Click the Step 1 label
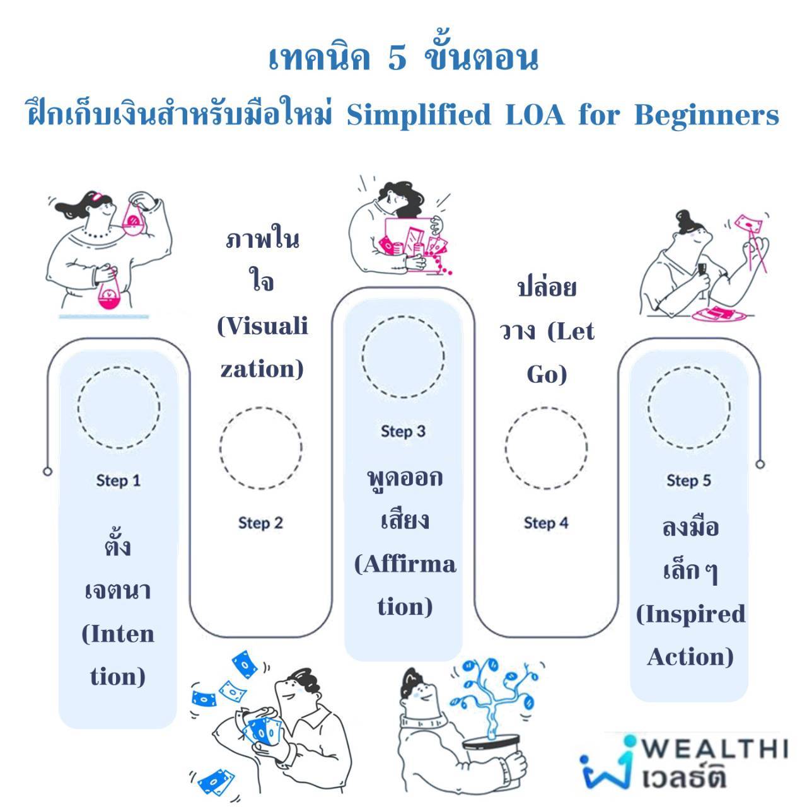(x=118, y=480)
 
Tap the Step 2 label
(x=260, y=523)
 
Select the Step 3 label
(x=403, y=431)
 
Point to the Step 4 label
(x=546, y=523)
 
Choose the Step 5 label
(x=689, y=480)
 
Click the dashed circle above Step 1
(x=119, y=407)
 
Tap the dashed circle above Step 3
(x=403, y=357)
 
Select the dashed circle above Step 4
(x=546, y=448)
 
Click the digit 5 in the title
(x=397, y=59)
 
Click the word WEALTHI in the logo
(x=716, y=748)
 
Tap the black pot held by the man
(x=491, y=753)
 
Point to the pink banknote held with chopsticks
(x=748, y=225)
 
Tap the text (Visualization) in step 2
(x=262, y=347)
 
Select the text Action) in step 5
(x=690, y=657)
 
